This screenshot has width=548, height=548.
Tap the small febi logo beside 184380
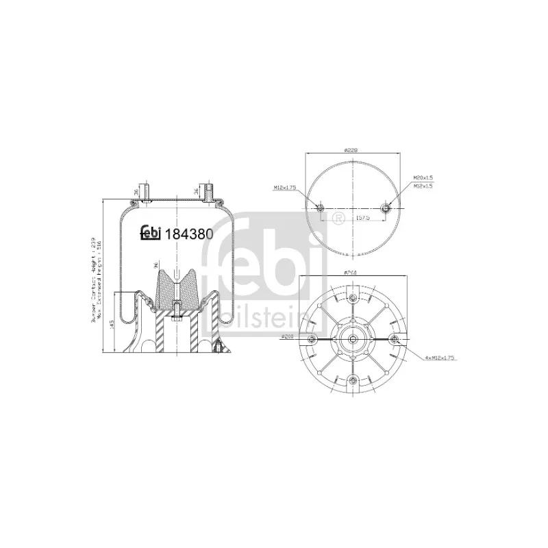pyautogui.click(x=150, y=234)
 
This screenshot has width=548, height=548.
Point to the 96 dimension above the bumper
pyautogui.click(x=155, y=266)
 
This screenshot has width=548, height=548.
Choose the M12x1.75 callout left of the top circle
pyautogui.click(x=285, y=187)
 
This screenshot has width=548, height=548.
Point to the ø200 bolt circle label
pyautogui.click(x=288, y=336)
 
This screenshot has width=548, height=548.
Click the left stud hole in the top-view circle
pyautogui.click(x=321, y=208)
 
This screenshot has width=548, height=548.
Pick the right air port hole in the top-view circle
pyautogui.click(x=385, y=208)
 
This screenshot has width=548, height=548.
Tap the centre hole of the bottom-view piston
pyautogui.click(x=352, y=340)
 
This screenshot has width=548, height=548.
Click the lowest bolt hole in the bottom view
pyautogui.click(x=352, y=381)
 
